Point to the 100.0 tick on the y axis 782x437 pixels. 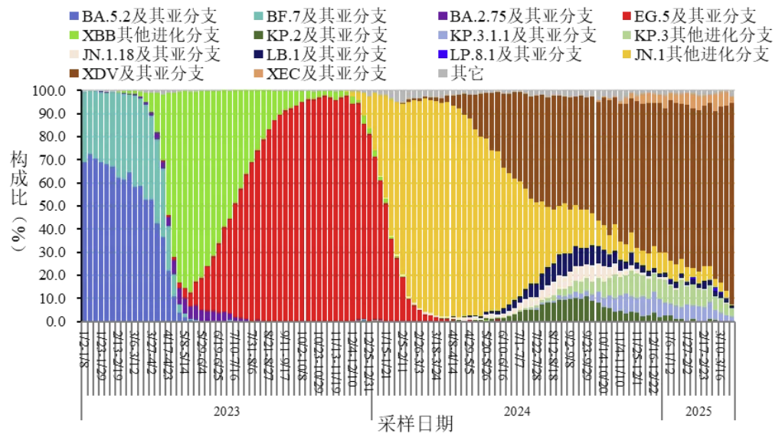[x=57, y=90]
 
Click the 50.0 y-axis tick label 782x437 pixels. [x=61, y=206]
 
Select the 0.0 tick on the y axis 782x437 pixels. [x=64, y=321]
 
